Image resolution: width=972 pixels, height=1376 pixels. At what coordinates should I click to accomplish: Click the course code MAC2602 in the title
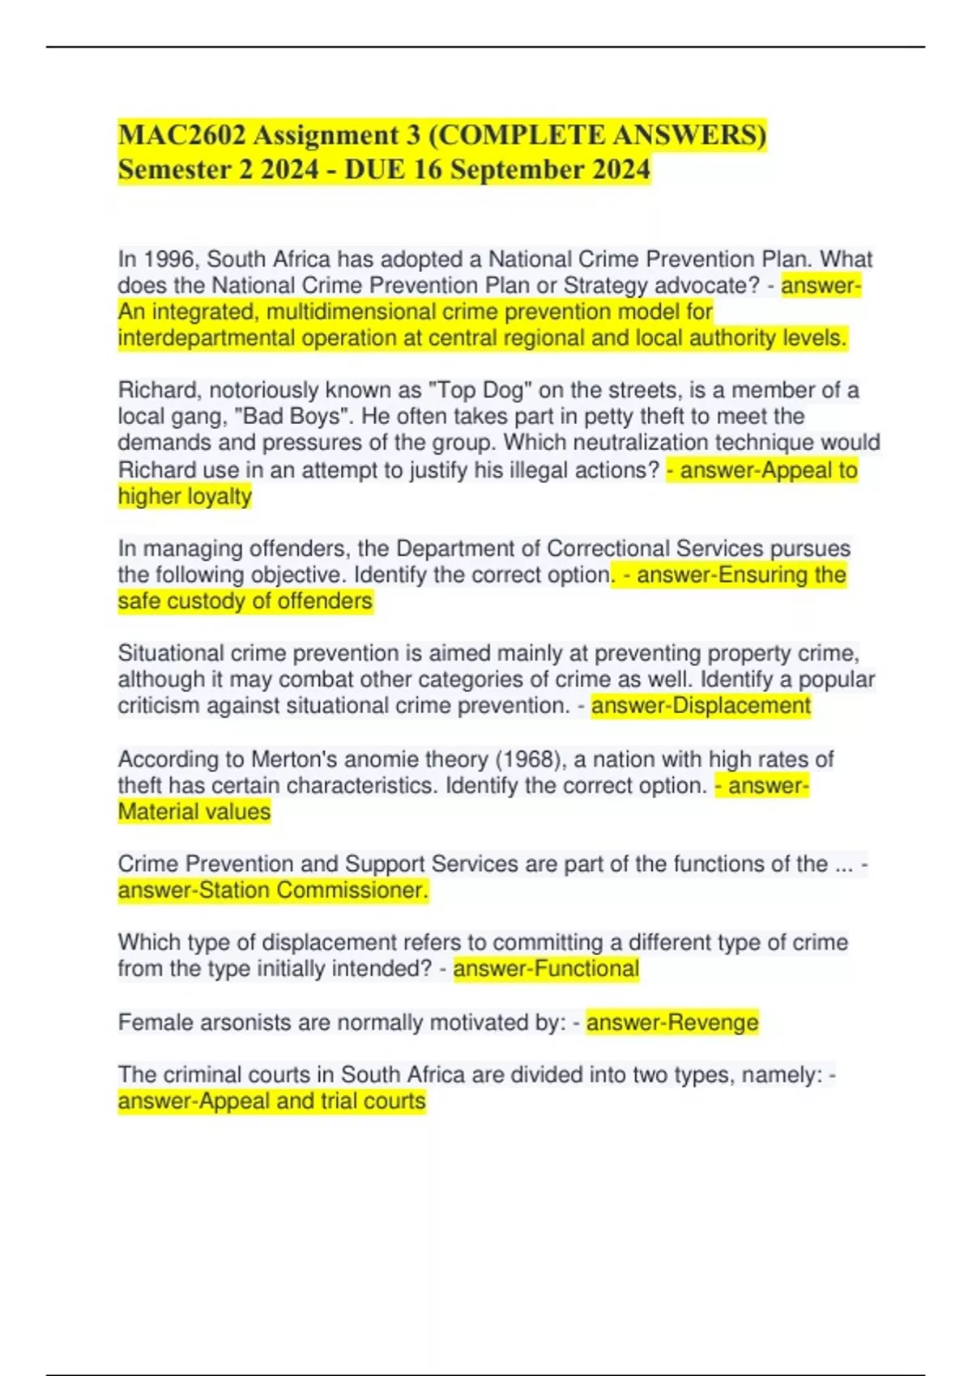181,134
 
